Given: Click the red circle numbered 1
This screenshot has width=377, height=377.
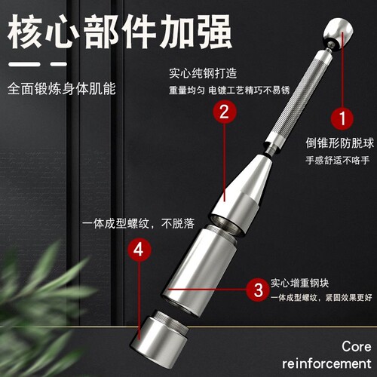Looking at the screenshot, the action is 342,118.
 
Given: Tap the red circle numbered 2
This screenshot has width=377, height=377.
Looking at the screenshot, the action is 225,112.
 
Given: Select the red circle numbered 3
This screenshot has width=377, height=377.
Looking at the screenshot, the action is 258,290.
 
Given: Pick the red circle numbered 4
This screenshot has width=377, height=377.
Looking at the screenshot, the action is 139,250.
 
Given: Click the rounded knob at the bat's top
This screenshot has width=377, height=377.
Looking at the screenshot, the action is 339,32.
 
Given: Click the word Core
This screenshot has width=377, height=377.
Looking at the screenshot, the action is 356,347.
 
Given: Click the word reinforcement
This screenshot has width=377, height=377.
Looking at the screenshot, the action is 326,363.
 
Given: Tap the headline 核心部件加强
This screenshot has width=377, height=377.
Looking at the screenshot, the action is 119,32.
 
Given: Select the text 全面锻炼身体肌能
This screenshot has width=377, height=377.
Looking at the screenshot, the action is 62,89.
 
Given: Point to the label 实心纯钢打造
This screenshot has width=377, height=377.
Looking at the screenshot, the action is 203,73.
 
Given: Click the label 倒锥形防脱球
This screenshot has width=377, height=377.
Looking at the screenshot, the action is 339,143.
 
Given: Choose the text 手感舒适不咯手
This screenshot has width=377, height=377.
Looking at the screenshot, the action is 338,160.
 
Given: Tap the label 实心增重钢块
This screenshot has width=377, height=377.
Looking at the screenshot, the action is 299,283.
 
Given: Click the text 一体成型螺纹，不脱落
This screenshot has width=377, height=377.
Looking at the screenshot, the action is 139,223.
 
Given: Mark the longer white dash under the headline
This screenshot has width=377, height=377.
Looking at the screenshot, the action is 24,64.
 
